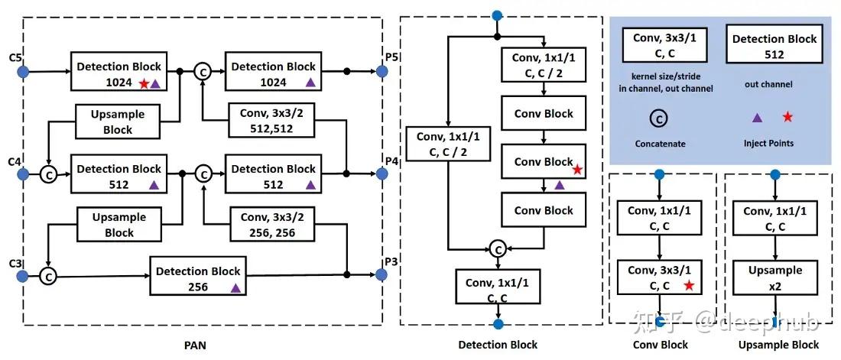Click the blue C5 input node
[23, 71]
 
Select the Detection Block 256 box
[198, 278]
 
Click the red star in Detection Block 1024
[143, 83]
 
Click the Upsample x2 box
[775, 277]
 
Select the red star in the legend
[787, 117]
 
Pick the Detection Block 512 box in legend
[774, 47]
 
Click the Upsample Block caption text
[778, 345]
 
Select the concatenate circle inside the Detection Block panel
[498, 248]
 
